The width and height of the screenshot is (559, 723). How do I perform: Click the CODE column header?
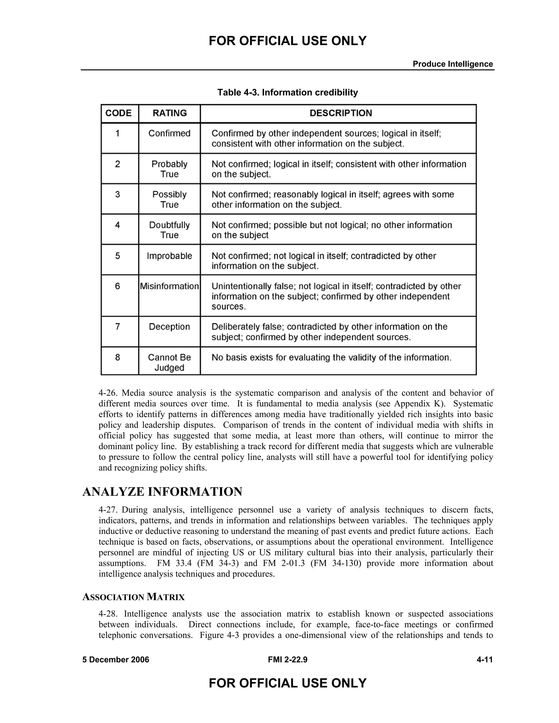pos(118,113)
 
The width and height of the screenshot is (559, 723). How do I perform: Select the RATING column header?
pos(170,113)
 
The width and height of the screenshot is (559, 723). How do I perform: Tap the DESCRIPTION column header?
pos(341,113)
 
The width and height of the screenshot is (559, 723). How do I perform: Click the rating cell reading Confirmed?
pos(170,133)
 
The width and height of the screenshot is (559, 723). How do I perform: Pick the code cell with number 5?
pos(118,256)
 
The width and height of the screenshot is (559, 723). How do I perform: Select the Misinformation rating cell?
pos(170,286)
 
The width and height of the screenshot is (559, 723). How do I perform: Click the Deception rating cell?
pos(170,327)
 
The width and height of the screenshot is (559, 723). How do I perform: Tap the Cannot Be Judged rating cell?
pos(170,363)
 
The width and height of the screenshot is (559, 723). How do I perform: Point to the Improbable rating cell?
pos(170,256)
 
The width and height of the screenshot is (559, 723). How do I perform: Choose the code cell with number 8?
pos(118,357)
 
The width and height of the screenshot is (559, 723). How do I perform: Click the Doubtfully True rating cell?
pos(170,230)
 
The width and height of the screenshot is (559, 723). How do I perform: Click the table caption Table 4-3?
pos(287,92)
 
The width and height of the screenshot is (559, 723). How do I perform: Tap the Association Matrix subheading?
pos(133,597)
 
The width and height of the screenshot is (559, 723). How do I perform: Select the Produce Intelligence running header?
pos(453,64)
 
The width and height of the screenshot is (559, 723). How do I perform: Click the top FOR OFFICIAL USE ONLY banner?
pos(287,41)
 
